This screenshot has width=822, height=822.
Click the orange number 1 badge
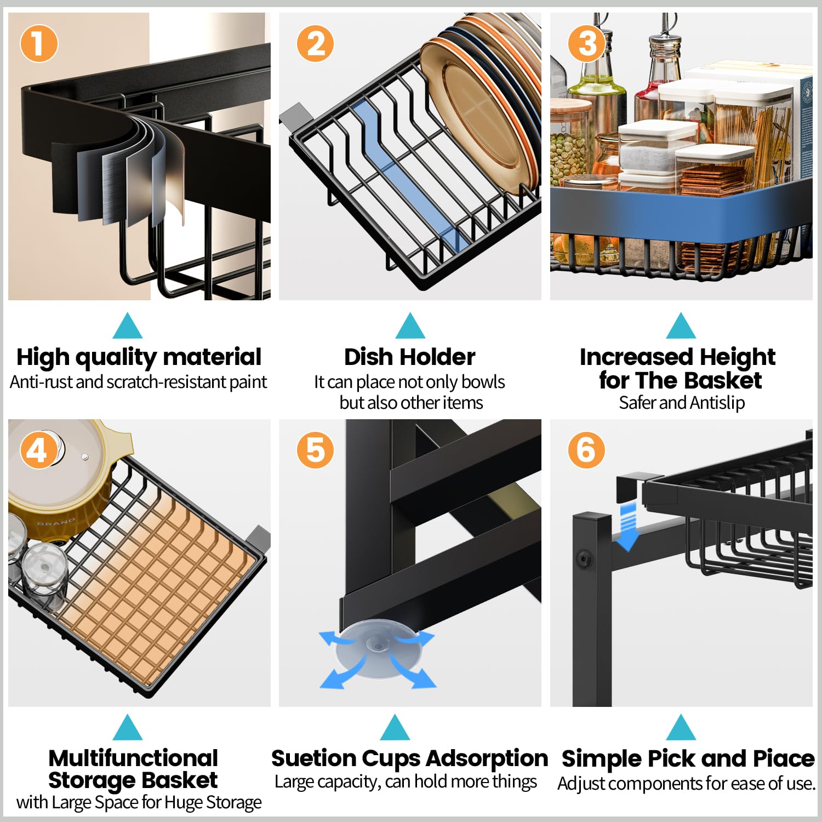[39, 43]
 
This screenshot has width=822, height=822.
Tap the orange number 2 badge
[315, 43]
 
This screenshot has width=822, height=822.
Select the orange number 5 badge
[315, 450]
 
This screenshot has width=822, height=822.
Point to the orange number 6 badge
[586, 450]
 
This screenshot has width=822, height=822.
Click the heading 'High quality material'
[139, 357]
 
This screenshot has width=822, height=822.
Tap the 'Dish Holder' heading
[409, 357]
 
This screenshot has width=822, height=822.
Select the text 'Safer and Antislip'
[681, 403]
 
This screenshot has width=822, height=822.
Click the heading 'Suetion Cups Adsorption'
[409, 759]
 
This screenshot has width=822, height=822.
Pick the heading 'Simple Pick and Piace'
[688, 759]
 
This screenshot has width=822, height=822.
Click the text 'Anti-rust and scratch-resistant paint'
[139, 382]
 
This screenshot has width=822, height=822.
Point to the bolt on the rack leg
[584, 560]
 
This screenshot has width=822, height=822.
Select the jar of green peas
[570, 148]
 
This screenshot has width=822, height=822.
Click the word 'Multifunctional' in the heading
[133, 758]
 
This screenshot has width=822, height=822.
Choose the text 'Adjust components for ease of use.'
[686, 784]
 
